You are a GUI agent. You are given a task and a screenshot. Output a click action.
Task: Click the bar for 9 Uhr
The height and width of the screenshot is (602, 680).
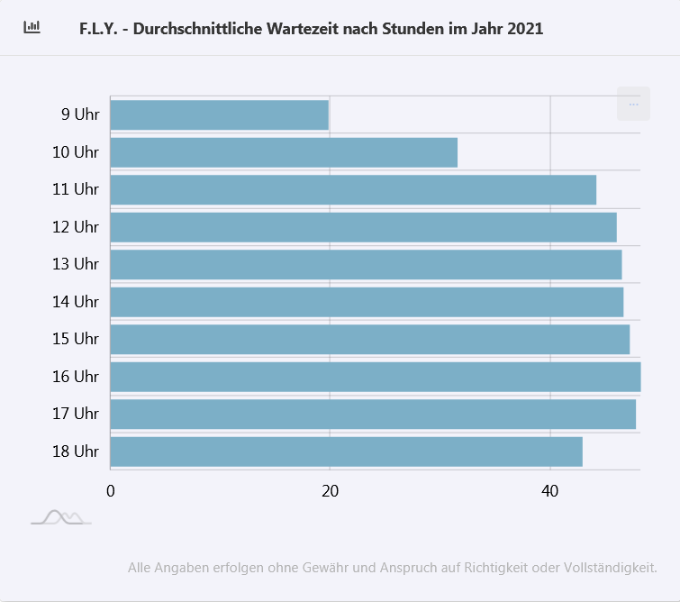point(219,115)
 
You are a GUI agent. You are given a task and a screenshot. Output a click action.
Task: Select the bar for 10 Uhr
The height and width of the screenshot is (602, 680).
point(284,152)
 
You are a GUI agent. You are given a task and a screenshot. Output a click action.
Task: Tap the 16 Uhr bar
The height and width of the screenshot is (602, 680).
point(375,377)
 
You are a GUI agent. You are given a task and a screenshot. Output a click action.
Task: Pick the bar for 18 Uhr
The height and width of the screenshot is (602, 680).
point(346,451)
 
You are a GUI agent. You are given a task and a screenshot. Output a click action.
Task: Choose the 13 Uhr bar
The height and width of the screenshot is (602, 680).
point(366,264)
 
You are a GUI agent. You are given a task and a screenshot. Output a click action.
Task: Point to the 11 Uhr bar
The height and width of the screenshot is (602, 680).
point(353,190)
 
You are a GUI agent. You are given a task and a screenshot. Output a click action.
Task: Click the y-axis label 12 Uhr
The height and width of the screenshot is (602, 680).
point(76,227)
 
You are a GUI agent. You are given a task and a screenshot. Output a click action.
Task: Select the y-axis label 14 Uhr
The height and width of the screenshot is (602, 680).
point(76,302)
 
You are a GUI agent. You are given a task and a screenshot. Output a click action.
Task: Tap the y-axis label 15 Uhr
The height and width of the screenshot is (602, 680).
point(76,339)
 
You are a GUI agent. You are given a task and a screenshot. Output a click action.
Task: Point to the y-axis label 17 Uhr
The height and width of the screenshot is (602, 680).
point(76,414)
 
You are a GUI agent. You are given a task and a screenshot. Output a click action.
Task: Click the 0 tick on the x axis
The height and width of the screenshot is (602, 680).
point(111,491)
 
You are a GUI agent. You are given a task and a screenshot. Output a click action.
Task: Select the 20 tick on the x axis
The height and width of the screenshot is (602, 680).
point(331,491)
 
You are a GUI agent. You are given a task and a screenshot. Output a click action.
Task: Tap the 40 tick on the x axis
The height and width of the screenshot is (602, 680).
point(550,491)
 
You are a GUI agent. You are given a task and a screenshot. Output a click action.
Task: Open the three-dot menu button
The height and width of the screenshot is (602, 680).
point(633,104)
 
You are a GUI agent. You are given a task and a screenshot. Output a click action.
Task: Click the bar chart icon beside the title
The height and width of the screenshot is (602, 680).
point(32,27)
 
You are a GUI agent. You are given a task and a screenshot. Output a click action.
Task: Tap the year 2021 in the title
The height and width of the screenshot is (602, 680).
point(525,29)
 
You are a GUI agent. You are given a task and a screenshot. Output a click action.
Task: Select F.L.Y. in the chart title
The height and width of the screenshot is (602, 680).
point(99,29)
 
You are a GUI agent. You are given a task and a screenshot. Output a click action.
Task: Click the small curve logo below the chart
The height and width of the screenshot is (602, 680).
point(60,517)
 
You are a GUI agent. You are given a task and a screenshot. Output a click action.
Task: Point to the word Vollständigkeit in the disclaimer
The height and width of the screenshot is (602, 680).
point(610,568)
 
